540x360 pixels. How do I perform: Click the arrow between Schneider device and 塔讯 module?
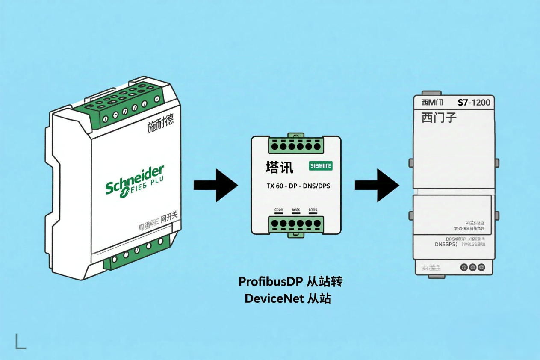click(x=215, y=185)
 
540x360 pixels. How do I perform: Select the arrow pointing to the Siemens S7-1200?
click(x=377, y=185)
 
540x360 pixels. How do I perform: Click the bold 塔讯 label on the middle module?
click(x=279, y=167)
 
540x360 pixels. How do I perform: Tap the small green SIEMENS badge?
click(x=320, y=166)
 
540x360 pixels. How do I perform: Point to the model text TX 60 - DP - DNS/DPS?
click(x=295, y=186)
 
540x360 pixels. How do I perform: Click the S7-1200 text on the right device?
click(x=474, y=103)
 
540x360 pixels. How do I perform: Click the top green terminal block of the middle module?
click(x=295, y=145)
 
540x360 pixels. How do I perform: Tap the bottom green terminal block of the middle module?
click(x=295, y=224)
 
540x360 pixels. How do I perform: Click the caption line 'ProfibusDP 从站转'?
click(x=290, y=282)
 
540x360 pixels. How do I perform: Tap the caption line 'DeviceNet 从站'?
click(x=288, y=298)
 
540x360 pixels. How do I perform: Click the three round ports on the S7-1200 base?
click(x=472, y=267)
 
